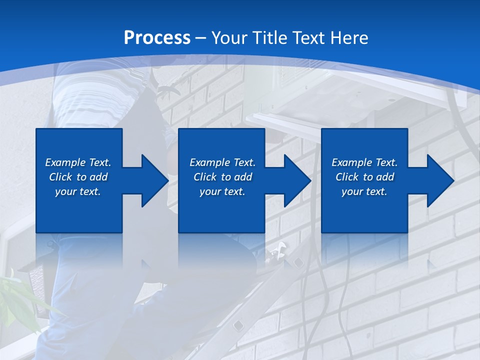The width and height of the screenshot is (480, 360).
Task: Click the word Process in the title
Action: [157, 38]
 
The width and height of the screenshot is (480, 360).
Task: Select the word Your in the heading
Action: [230, 38]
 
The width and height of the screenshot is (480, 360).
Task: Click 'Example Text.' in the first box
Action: [78, 162]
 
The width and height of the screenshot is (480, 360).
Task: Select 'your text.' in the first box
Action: [78, 191]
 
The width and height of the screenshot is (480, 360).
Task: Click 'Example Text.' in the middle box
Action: [222, 162]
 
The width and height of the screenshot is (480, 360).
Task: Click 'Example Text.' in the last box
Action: [364, 162]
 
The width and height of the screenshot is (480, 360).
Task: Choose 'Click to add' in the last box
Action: [364, 177]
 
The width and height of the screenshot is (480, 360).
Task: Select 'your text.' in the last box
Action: [364, 191]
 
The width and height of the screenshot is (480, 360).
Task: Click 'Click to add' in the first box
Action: [78, 177]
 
